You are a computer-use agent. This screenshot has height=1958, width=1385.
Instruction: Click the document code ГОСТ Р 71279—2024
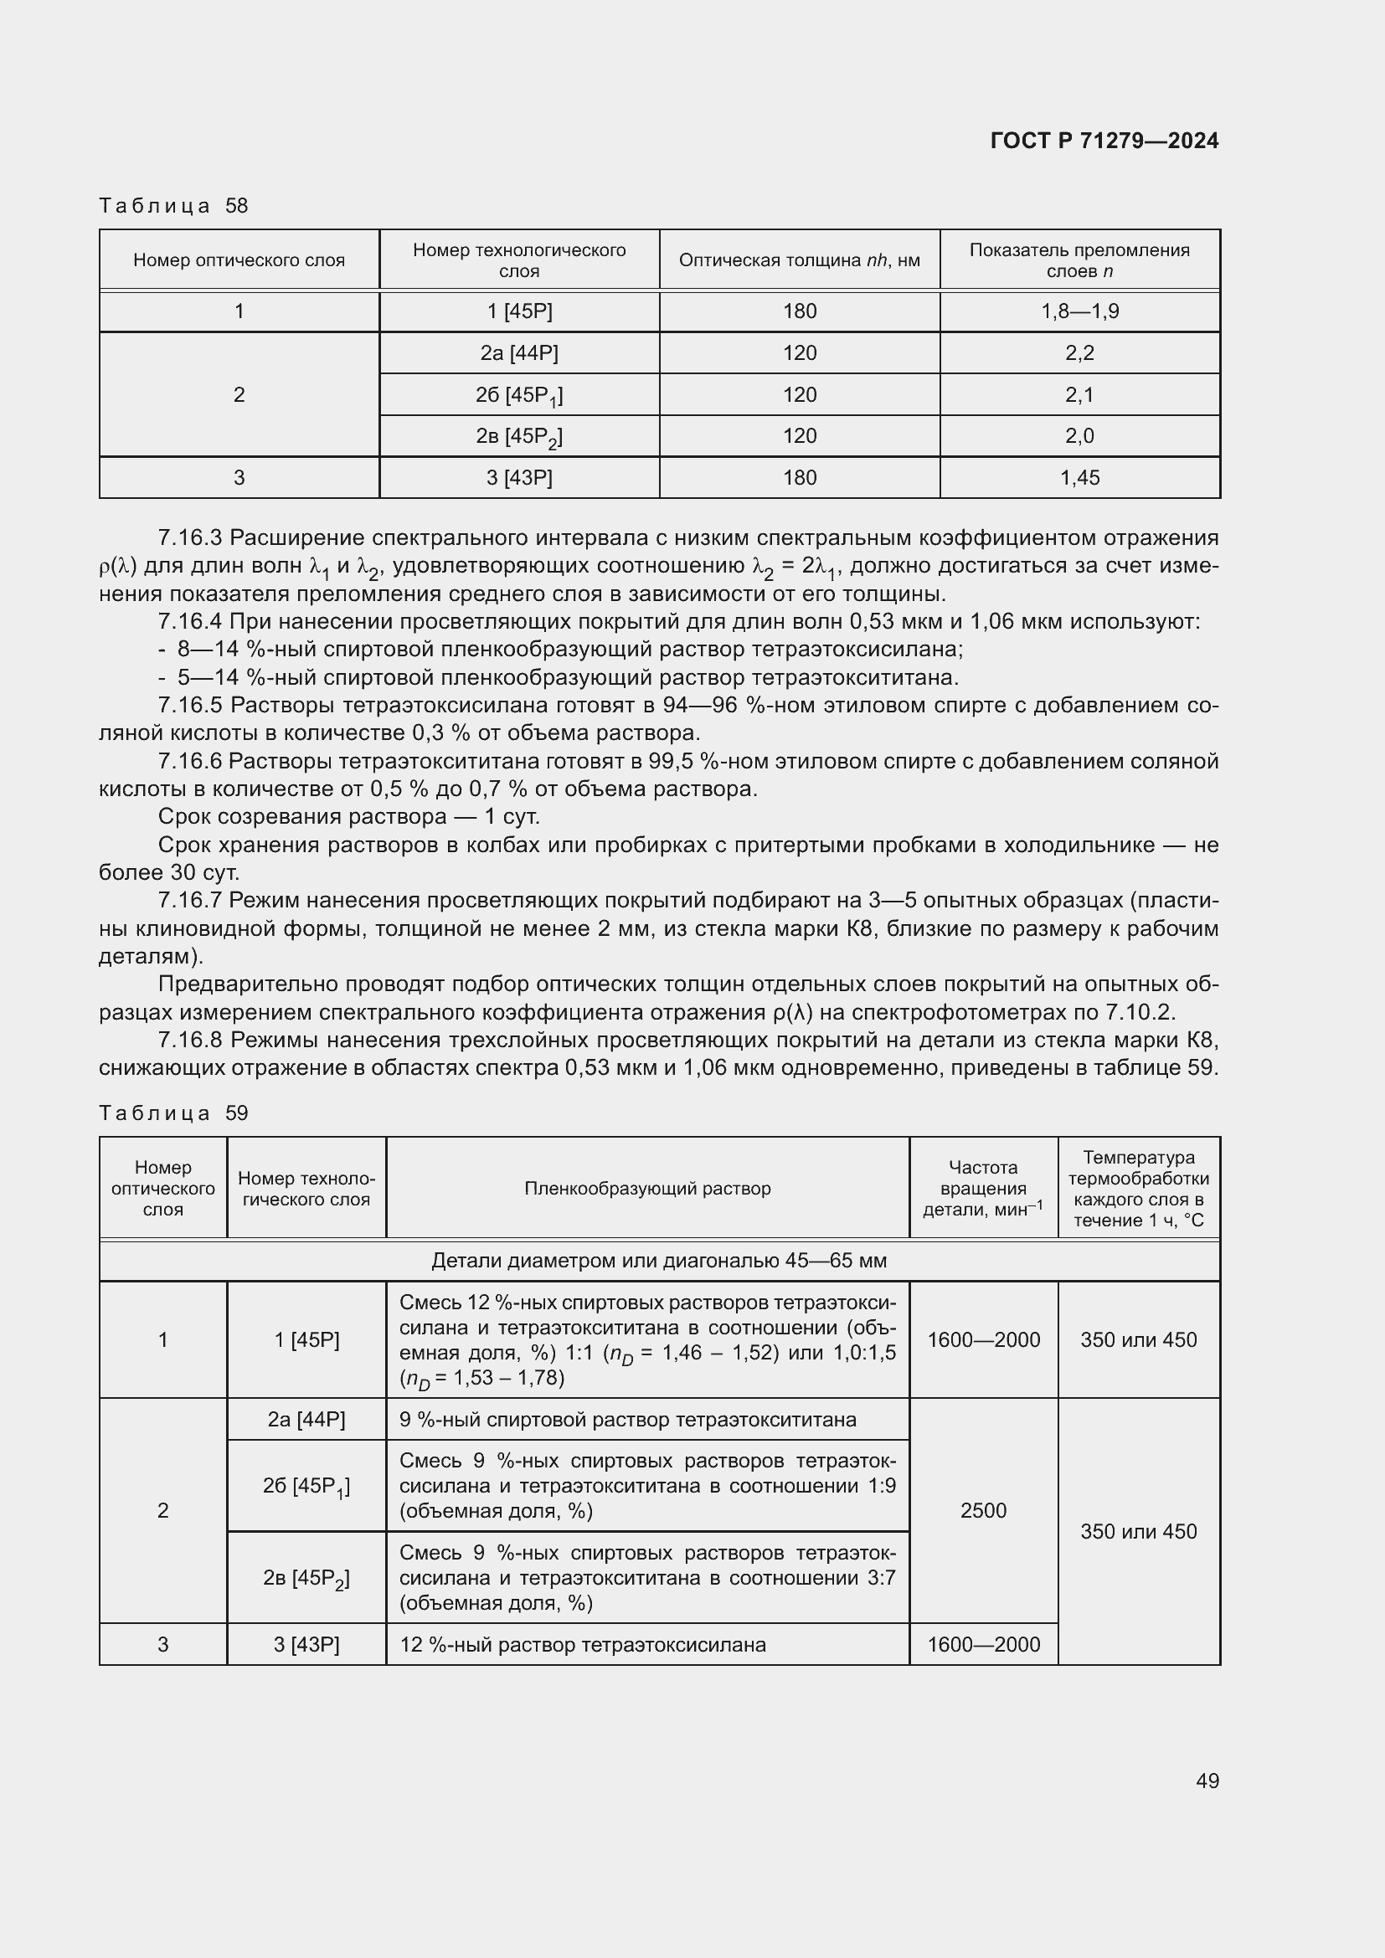coord(1104,141)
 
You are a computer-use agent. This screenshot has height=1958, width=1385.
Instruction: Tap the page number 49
coord(1207,1781)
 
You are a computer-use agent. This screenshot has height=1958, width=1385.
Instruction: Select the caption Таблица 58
coord(173,206)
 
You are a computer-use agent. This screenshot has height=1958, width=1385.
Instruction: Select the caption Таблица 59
coord(173,1113)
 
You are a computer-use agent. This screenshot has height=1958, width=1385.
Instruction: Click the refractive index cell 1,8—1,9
coord(1079,311)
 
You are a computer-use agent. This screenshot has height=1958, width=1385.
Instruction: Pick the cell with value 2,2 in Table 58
coord(1079,353)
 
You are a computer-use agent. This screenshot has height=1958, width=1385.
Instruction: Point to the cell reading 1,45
coord(1079,477)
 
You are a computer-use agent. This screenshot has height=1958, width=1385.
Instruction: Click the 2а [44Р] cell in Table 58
coord(519,353)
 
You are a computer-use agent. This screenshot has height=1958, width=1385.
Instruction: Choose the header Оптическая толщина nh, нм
coord(799,260)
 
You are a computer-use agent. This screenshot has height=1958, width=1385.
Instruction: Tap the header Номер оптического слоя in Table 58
coord(239,260)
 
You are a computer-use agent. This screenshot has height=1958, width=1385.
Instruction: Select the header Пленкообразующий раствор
coord(647,1188)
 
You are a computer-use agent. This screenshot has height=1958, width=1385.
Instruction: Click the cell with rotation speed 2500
coord(983,1510)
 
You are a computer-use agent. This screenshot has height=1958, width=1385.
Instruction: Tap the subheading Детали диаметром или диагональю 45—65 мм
coord(659,1261)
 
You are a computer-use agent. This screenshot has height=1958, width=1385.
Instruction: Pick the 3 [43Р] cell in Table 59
coord(306,1644)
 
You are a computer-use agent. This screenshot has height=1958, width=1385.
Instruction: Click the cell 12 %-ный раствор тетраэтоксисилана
coord(583,1644)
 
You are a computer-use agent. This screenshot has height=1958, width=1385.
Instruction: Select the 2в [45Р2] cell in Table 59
coord(306,1578)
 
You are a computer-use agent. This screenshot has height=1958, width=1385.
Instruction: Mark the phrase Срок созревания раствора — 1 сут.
coord(349,817)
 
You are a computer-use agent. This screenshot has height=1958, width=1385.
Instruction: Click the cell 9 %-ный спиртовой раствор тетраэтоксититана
coord(628,1420)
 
